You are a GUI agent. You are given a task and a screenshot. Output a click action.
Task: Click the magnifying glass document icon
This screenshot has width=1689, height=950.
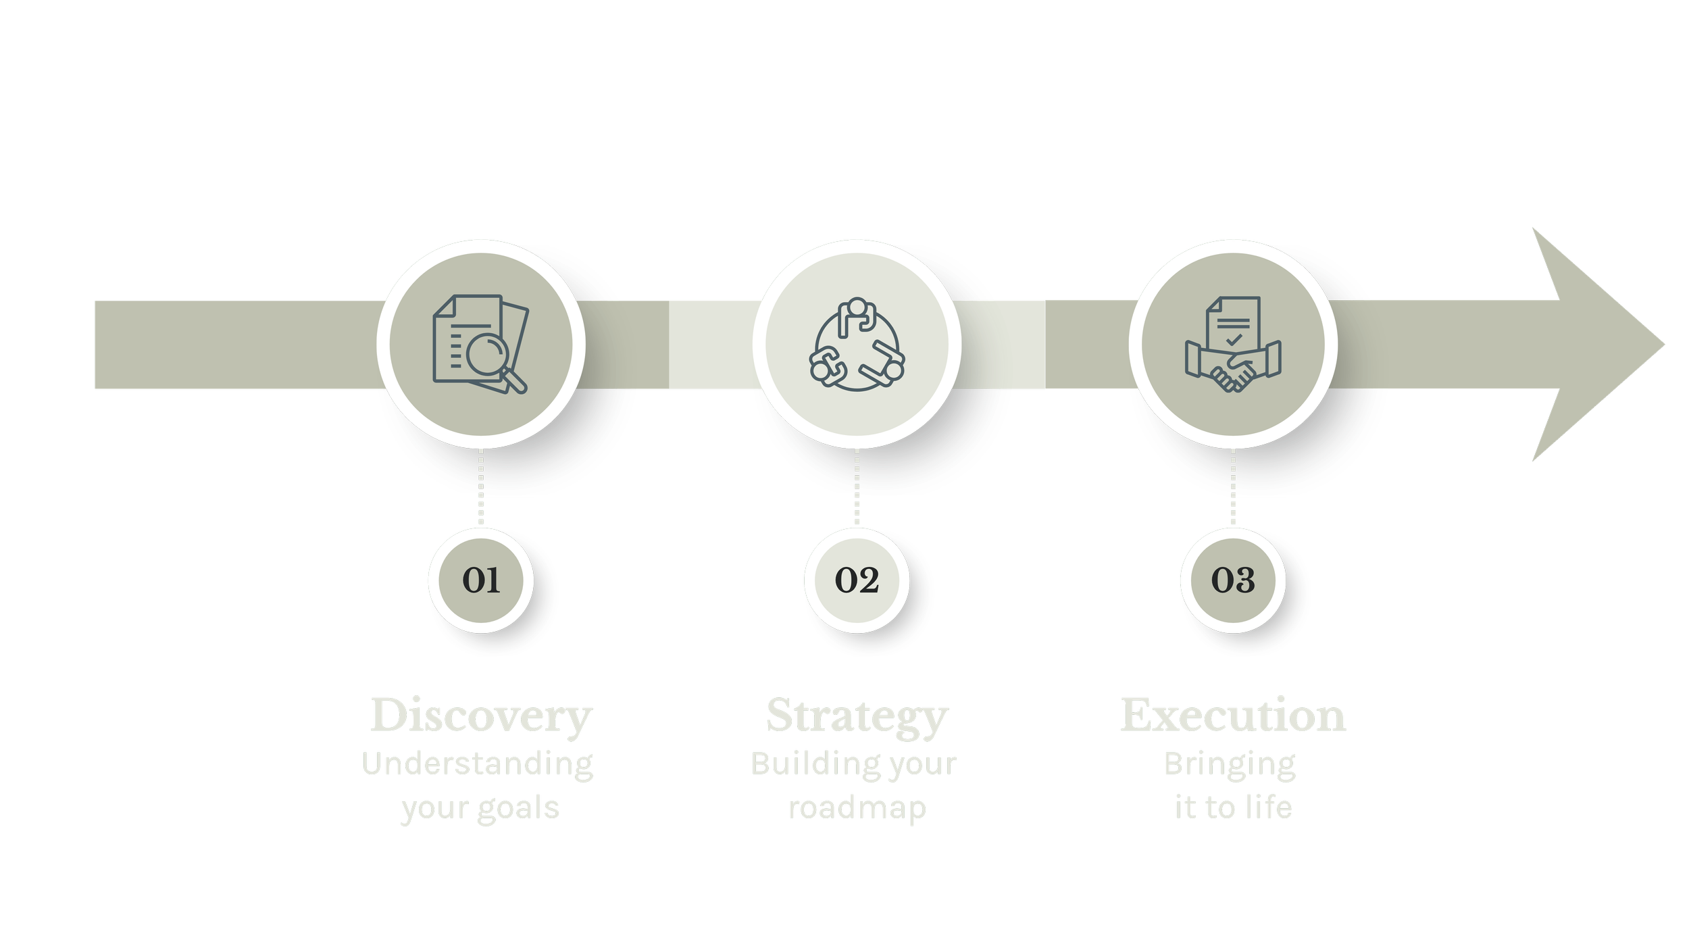point(480,344)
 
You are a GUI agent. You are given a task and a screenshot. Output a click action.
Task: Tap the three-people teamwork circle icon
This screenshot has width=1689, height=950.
point(857,344)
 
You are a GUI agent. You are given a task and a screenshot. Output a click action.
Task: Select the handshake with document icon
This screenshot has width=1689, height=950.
point(1233,344)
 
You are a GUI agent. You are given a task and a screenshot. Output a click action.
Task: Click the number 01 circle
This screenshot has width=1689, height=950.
point(481,580)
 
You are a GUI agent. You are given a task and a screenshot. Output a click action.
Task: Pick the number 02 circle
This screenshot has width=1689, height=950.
point(857,580)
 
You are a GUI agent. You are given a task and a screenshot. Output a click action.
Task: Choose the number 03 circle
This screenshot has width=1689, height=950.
point(1233,580)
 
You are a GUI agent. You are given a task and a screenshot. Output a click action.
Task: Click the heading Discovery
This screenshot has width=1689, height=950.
point(481,716)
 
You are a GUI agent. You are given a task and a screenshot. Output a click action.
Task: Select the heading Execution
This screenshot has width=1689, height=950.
point(1234,716)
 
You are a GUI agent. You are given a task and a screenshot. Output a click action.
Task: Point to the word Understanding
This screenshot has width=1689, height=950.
point(478,765)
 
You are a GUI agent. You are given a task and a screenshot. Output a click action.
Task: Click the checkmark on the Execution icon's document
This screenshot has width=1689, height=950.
point(1234,339)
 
